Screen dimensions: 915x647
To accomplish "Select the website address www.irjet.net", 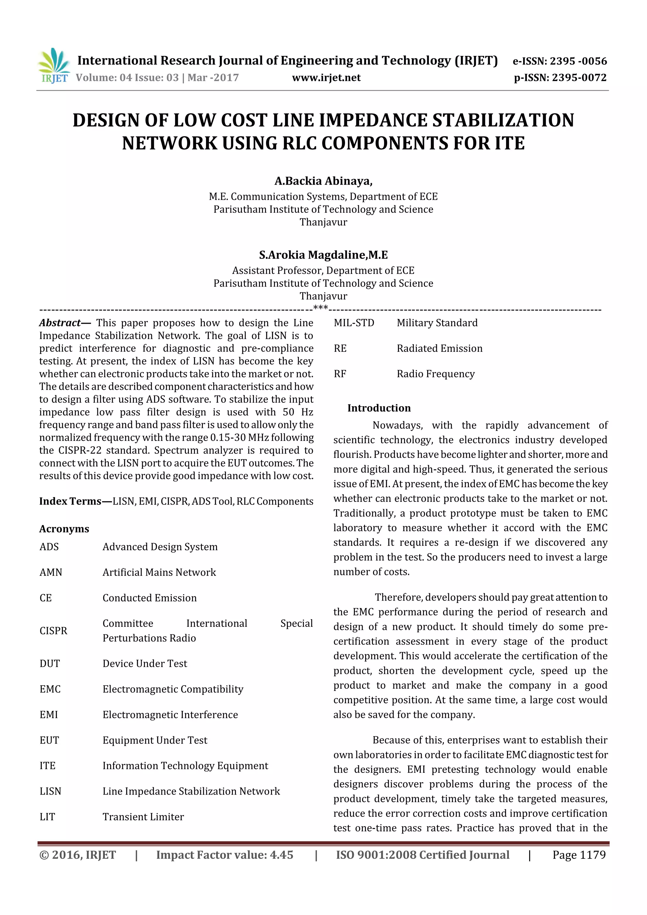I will (x=326, y=78).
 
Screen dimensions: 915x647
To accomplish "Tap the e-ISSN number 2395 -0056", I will (x=578, y=61).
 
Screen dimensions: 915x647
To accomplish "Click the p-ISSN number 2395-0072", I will (x=579, y=78).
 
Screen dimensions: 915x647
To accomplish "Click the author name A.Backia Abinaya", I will (x=323, y=181).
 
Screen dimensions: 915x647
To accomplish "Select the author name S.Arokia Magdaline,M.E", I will (x=323, y=255).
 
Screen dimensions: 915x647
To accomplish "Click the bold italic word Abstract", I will (x=60, y=323).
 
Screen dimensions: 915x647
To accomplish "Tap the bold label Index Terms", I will (x=70, y=501).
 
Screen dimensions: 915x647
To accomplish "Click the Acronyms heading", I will (x=64, y=529).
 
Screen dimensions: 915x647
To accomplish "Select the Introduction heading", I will (x=379, y=408).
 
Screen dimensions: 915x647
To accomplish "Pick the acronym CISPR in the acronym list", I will (x=53, y=631).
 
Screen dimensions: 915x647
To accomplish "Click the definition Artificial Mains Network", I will (x=159, y=572).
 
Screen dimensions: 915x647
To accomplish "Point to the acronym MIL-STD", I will (x=354, y=323).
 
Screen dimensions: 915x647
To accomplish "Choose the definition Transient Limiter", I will (x=143, y=817).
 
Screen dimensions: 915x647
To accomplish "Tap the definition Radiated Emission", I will (x=439, y=348).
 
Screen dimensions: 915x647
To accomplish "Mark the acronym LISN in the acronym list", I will (x=50, y=791).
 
